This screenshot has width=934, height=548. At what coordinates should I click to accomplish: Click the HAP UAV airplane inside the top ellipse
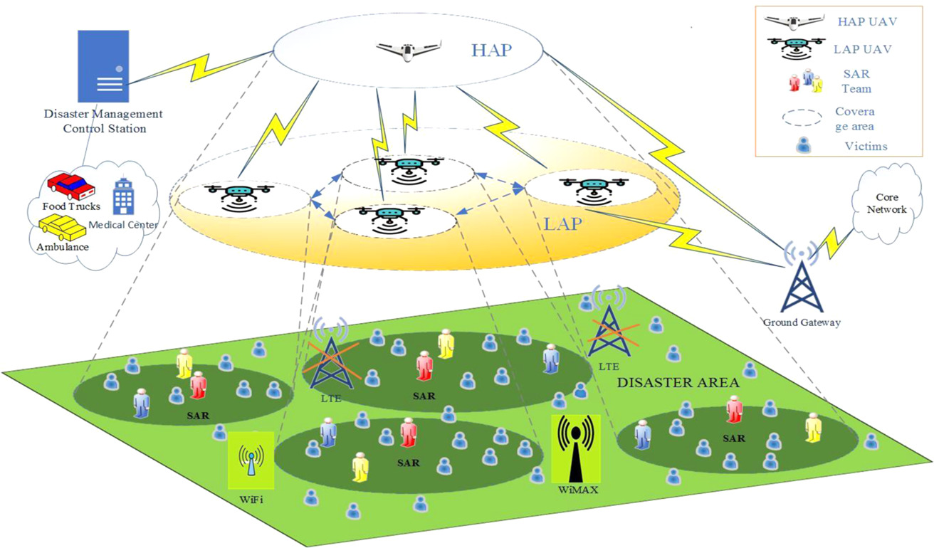coord(404,50)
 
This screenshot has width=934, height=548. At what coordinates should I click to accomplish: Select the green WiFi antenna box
coord(250,460)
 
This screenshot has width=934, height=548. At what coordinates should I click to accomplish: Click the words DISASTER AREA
coord(678,383)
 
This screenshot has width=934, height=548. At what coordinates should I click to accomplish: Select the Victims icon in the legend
coord(803,145)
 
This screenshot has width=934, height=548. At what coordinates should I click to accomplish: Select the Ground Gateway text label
coord(802,323)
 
